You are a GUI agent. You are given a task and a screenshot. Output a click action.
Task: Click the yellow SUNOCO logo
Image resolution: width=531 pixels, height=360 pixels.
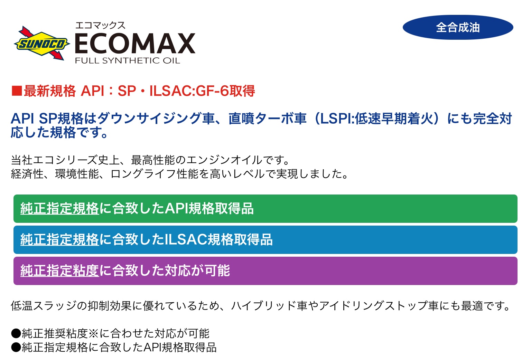(x=42, y=44)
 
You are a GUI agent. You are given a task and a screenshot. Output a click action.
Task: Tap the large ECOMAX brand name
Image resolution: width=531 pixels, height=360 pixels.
(x=135, y=44)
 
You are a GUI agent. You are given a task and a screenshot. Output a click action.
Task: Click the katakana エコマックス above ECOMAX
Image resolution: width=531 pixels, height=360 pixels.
(x=100, y=25)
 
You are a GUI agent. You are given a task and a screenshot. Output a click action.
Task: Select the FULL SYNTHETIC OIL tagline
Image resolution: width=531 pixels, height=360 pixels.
(x=128, y=60)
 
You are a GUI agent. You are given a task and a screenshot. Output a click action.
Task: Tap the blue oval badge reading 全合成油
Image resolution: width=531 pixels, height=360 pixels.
(x=458, y=27)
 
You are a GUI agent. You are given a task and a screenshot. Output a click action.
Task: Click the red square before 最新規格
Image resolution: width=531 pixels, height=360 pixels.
(x=17, y=91)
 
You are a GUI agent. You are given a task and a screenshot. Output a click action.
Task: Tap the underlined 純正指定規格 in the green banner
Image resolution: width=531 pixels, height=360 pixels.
(x=59, y=209)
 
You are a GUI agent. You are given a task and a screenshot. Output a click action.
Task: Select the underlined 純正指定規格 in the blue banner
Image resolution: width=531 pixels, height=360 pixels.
(x=59, y=239)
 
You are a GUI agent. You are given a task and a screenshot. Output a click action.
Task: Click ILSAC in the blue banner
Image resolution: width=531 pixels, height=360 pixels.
(x=186, y=239)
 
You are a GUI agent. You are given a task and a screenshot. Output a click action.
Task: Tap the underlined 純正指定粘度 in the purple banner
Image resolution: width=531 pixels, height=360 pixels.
(x=59, y=271)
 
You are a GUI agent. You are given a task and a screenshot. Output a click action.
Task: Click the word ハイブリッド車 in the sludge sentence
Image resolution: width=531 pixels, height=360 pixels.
(x=269, y=306)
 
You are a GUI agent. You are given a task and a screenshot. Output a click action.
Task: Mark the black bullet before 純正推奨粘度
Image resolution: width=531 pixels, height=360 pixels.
(x=16, y=333)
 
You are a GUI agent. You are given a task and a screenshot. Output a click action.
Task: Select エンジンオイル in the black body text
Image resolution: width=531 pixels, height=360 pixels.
(x=224, y=160)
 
